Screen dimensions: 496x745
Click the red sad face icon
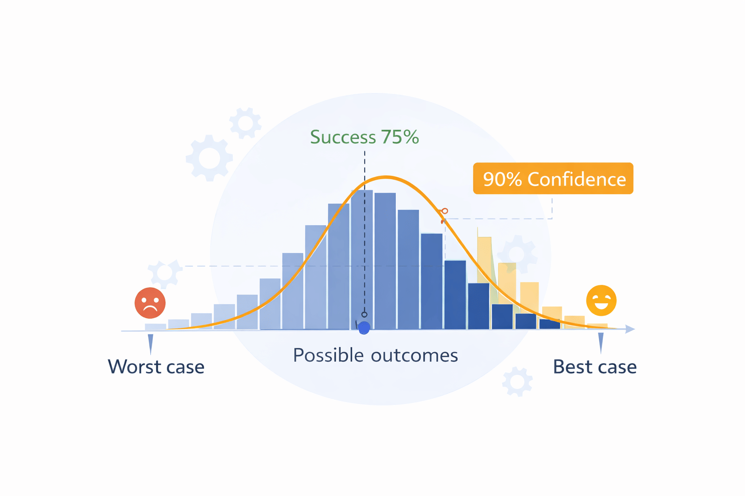click(x=150, y=303)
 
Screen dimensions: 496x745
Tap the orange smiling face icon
click(x=601, y=300)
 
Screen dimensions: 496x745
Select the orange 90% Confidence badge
click(x=553, y=179)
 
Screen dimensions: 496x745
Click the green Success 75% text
click(x=364, y=137)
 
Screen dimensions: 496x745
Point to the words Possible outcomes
click(x=375, y=356)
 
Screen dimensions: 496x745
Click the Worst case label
click(x=156, y=367)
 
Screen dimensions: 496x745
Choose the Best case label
click(x=595, y=367)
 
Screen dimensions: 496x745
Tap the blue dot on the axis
click(x=364, y=328)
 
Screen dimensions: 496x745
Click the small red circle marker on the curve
click(x=445, y=211)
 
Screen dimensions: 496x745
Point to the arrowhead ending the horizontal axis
click(x=630, y=329)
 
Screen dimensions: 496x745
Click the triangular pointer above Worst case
click(x=150, y=343)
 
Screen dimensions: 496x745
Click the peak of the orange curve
click(x=386, y=177)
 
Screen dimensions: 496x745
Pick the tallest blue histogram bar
click(x=362, y=259)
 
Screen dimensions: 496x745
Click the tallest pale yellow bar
click(x=485, y=259)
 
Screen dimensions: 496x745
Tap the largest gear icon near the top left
click(x=209, y=158)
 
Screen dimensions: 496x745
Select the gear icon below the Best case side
click(x=517, y=382)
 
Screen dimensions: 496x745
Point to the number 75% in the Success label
click(x=400, y=137)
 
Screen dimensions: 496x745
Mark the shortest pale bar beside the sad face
click(x=155, y=327)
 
